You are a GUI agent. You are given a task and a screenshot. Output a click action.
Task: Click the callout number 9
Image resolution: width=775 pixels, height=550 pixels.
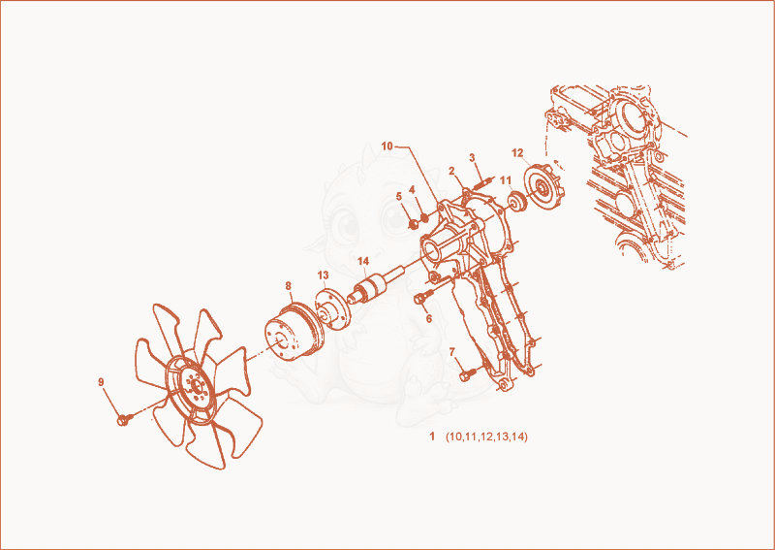click(x=101, y=381)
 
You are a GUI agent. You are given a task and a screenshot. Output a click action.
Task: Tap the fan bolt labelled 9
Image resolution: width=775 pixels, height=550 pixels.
click(x=124, y=420)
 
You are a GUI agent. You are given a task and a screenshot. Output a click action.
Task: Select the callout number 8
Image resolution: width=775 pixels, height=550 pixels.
click(x=288, y=285)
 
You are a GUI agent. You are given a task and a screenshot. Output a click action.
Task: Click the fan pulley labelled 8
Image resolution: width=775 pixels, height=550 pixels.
click(x=294, y=332)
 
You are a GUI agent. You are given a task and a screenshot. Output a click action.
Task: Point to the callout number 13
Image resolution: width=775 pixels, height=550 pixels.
click(x=323, y=275)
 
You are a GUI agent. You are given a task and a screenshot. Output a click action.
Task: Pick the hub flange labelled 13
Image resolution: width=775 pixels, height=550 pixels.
click(x=333, y=309)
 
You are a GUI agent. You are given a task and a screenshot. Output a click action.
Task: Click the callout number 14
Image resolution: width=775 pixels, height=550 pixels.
click(x=363, y=261)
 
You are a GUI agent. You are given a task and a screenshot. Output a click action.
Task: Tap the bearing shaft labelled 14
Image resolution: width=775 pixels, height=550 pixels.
click(x=376, y=285)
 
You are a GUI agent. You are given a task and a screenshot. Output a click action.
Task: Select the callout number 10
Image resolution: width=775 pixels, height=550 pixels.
click(x=387, y=146)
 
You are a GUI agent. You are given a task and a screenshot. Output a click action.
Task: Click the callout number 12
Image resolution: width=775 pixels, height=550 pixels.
click(x=517, y=153)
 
